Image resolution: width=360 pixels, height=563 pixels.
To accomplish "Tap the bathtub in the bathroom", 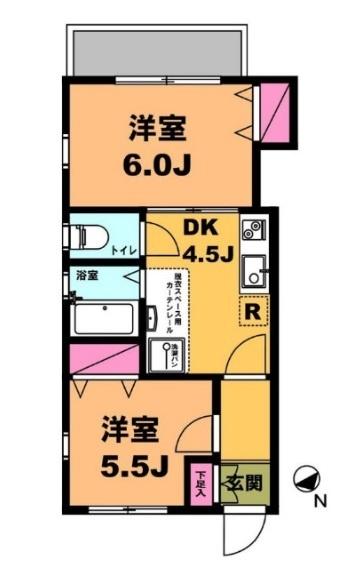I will point(105,320).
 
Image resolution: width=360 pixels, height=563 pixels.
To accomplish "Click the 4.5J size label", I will point(207,254).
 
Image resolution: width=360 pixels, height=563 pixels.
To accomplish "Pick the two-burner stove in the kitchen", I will point(251,232).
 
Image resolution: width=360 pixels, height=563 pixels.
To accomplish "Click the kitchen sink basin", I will point(253,272).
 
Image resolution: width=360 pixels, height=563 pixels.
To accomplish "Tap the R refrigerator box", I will point(253,312).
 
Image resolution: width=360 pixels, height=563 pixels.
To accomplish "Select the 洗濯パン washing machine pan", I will point(162,353).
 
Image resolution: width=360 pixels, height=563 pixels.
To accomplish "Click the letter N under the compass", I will point(320,501).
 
